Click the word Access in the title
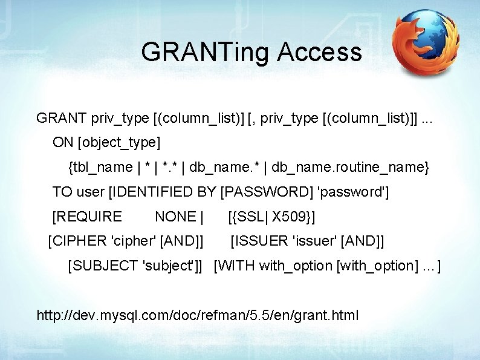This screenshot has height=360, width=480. tap(320, 53)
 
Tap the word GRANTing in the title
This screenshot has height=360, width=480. tap(206, 53)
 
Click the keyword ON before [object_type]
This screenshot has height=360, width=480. tap(63, 143)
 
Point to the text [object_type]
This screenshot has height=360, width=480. tap(119, 143)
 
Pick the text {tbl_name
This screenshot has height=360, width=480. tap(100, 167)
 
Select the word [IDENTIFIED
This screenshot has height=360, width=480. tap(149, 192)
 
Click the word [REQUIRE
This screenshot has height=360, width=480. tap(87, 217)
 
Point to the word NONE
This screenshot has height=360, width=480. tap(176, 217)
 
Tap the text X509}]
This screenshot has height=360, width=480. tap(294, 217)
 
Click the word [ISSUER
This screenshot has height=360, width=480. tap(259, 241)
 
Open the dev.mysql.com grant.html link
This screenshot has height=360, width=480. tap(198, 315)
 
